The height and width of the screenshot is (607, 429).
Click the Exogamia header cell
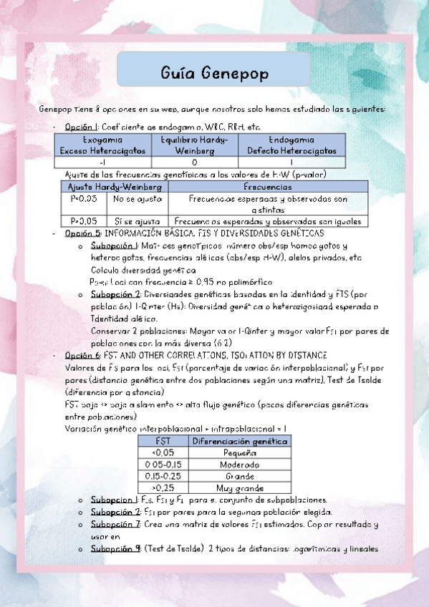point(102,145)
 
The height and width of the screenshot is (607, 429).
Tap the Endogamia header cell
point(291,145)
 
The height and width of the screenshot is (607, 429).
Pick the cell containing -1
point(102,161)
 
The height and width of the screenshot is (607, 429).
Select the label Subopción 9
point(115,549)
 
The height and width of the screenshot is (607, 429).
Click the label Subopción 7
point(115,525)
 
